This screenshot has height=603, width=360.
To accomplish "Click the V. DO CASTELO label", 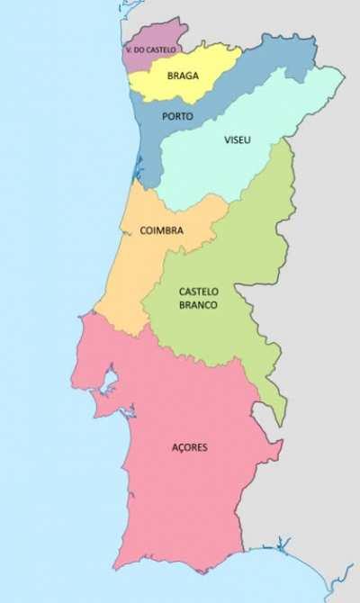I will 151,49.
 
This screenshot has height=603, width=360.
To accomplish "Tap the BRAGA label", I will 183,76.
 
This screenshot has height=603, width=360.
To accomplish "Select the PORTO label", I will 177,116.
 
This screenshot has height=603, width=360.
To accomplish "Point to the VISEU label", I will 238,139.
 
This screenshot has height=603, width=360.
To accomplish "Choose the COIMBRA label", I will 161,230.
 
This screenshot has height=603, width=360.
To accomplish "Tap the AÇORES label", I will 190,447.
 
